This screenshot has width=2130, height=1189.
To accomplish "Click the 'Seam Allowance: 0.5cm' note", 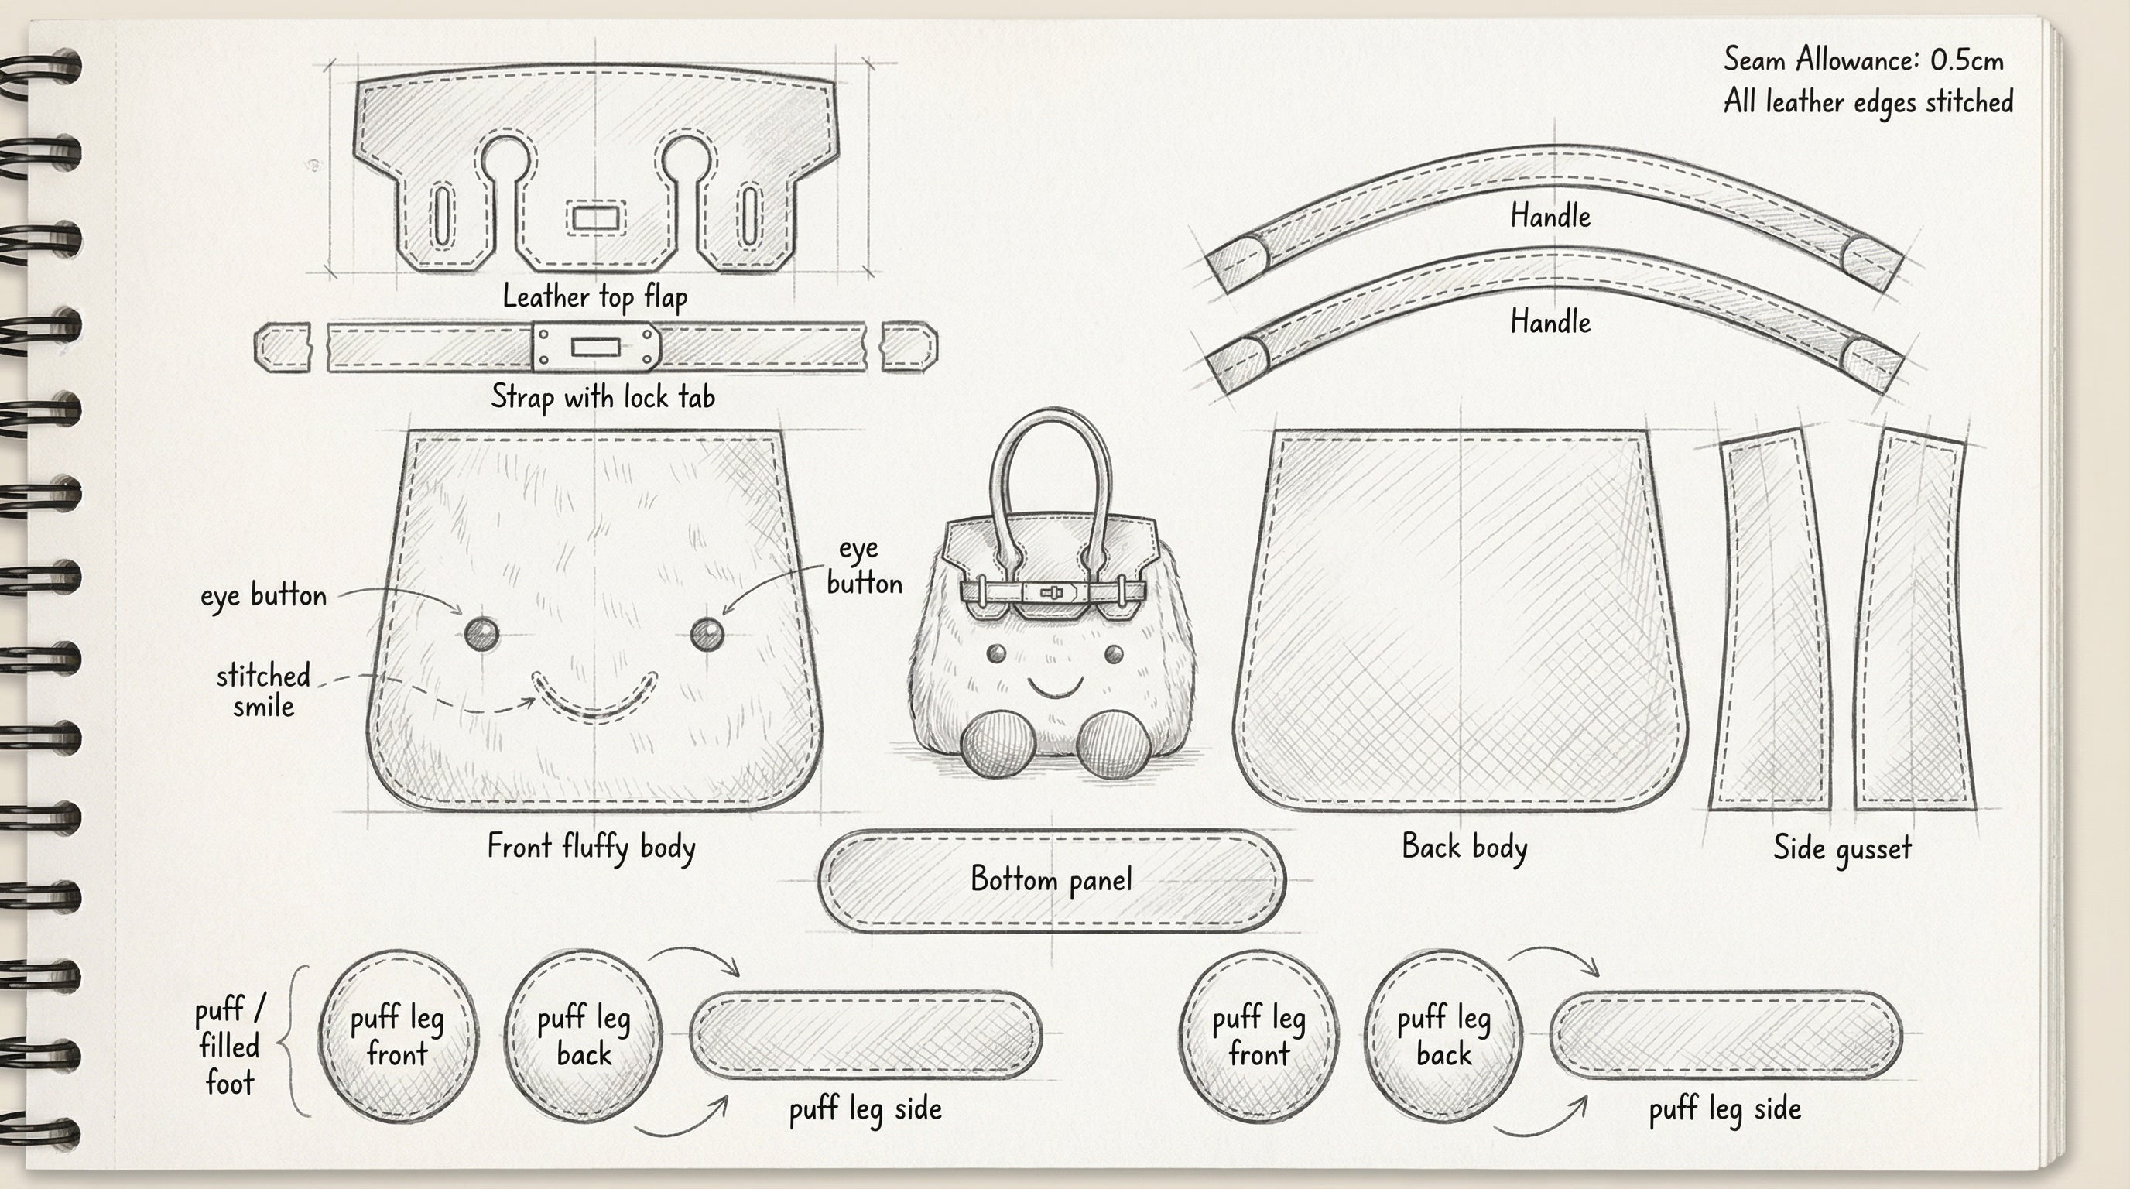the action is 1863,60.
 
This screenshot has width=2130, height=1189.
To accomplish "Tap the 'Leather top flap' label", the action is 594,296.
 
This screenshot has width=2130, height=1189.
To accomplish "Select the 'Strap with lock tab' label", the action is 603,397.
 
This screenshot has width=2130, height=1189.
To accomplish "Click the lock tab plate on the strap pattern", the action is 595,347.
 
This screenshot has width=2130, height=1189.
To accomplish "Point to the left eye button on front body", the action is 481,634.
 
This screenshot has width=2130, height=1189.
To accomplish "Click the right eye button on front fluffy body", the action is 706,634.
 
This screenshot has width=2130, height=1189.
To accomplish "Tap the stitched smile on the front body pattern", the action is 594,701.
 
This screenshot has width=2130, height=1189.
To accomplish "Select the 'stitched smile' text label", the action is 263,691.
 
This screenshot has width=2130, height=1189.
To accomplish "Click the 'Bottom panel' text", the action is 1051,879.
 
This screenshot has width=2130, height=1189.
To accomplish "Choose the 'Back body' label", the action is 1464,847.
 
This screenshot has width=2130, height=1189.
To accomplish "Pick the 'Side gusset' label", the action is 1842,848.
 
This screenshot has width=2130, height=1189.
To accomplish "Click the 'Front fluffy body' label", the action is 591,848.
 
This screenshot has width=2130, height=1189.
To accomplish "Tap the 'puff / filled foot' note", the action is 230,1046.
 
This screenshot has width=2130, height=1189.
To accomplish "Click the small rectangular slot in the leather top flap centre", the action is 595,219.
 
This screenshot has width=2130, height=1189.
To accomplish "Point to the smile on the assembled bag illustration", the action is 1054,687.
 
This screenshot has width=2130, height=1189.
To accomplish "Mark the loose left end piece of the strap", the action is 283,348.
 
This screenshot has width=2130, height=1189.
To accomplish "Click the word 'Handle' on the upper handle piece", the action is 1550,217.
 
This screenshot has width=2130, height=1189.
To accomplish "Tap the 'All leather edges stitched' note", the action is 1868,102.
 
